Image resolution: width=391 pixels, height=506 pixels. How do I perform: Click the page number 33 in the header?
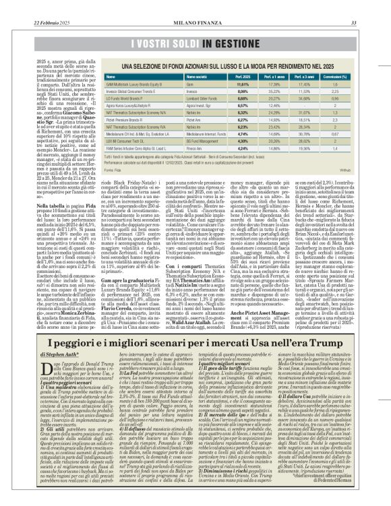[x=373, y=5]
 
